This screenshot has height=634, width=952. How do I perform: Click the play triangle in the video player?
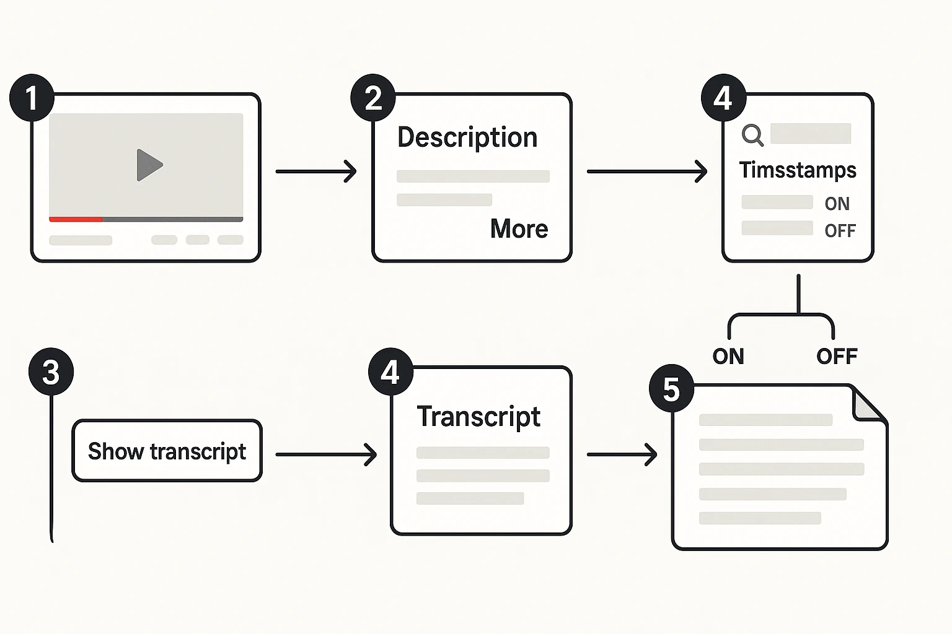tap(148, 165)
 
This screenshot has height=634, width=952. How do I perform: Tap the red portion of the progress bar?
tap(76, 219)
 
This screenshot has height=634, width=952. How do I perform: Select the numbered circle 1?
tap(32, 98)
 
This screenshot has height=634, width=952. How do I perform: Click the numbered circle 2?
tap(373, 98)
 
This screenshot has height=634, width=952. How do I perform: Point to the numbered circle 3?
tap(51, 372)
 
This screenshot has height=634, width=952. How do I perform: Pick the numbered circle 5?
tap(671, 389)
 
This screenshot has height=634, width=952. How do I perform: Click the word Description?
tap(467, 137)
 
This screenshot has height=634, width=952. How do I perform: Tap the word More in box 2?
tap(519, 229)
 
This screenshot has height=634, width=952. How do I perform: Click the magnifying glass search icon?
tap(752, 134)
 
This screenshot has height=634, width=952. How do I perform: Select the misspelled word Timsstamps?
tap(798, 170)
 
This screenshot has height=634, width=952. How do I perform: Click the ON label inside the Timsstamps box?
tap(837, 204)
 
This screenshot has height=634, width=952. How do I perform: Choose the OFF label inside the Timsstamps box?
tap(840, 231)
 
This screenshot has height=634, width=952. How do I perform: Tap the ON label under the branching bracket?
tap(728, 357)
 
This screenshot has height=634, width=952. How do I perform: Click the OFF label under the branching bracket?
tap(837, 357)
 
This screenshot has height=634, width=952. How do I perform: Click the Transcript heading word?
tap(478, 417)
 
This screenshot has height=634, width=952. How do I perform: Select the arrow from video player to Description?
tap(316, 171)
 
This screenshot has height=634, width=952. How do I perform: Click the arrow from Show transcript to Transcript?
tap(326, 454)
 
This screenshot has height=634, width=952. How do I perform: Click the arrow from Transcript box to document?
tap(622, 454)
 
